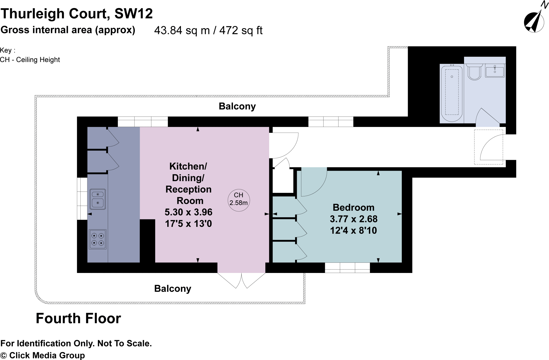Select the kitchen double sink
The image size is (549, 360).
click(x=98, y=199)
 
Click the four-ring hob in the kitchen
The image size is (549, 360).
click(x=98, y=239)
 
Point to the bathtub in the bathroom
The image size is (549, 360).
click(x=452, y=93)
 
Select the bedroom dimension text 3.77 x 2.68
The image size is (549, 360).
click(x=353, y=219)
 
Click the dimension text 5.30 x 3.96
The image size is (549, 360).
click(x=188, y=212)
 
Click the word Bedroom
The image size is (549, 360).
click(x=353, y=208)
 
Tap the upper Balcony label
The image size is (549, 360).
click(x=237, y=106)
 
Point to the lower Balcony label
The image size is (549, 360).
click(x=173, y=289)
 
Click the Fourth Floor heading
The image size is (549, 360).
click(x=78, y=318)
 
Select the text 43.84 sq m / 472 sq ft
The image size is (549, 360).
click(x=208, y=31)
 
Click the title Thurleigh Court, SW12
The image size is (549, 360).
click(x=77, y=13)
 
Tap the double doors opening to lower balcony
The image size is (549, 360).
click(x=241, y=280)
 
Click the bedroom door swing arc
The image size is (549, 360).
click(x=314, y=182)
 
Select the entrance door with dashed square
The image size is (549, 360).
click(x=489, y=147)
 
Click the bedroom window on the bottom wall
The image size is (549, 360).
click(x=347, y=268)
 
